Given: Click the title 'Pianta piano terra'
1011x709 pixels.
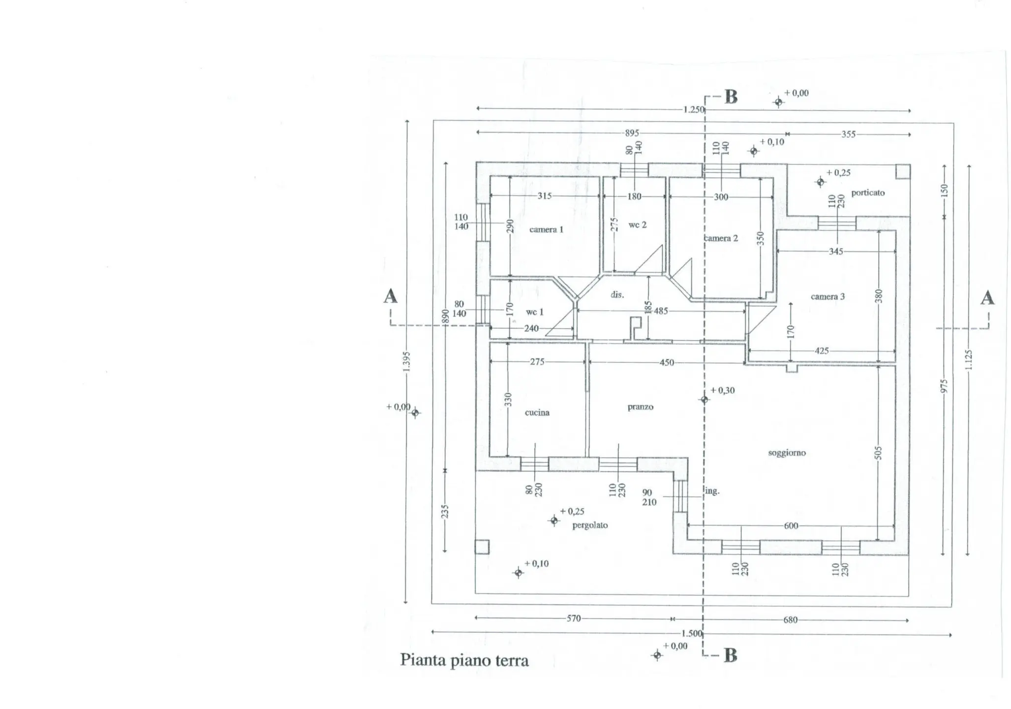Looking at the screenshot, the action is point(464,660).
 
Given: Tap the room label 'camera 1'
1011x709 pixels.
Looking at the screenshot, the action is point(546,229).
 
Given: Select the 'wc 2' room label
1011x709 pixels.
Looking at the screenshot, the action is point(637,225).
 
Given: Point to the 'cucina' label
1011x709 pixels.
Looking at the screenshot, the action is point(537,413).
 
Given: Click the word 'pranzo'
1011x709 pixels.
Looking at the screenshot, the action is point(640,407).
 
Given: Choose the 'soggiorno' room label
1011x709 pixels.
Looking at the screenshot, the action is point(787,453).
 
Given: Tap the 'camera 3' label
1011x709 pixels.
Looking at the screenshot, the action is point(827,296).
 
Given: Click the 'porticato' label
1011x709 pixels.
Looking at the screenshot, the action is point(868,193).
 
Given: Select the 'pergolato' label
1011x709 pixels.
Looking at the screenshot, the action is point(590,525).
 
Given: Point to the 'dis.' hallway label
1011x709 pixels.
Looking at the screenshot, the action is point(617,294).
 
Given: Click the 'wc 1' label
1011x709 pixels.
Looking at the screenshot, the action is point(534,312).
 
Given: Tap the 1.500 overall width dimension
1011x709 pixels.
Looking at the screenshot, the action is point(692,633).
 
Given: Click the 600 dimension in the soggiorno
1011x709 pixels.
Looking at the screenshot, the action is point(791,526).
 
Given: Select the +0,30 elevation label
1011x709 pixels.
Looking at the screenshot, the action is point(722,390).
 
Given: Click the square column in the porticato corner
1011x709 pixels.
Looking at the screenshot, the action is point(902,171).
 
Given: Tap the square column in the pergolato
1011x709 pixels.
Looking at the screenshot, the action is point(482,547).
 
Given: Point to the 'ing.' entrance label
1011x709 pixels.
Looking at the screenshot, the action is point(712,491).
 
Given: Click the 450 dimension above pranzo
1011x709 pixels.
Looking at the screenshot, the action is point(667,363).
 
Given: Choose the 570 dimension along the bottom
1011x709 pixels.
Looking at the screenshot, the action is point(574,618).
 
